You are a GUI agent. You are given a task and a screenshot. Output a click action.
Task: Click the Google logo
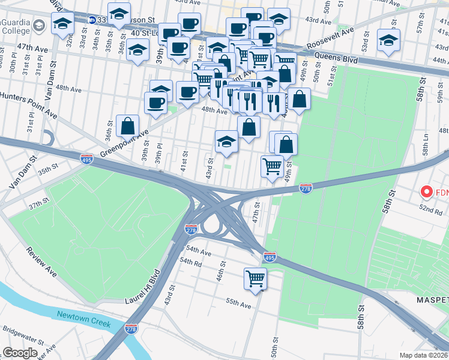(x=20, y=353)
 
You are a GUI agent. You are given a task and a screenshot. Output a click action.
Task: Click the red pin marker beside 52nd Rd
(x=427, y=192)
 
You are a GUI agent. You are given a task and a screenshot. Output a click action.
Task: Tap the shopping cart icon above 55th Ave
(x=256, y=278)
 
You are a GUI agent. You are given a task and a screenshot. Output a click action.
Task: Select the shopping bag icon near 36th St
(x=127, y=126)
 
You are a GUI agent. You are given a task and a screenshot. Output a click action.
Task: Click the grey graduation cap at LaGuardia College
(x=40, y=25)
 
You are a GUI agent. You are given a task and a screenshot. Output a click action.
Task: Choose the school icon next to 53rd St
(x=388, y=40)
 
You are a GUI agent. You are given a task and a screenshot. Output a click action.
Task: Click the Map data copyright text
(x=424, y=355)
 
